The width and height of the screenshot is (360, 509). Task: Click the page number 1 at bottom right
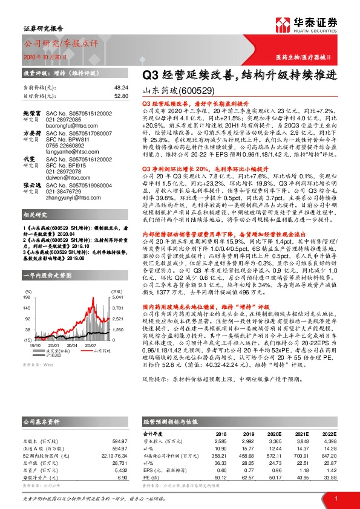pos(335,498)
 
